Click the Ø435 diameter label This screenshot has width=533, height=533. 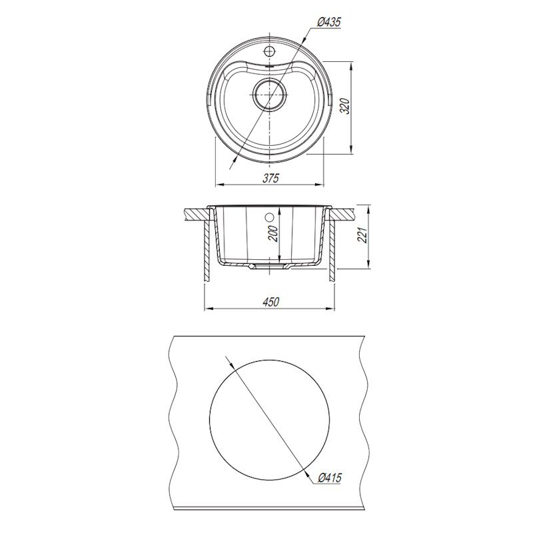(328, 22)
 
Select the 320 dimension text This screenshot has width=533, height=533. (345, 106)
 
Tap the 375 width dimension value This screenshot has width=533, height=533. (270, 178)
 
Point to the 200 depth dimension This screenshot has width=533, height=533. (273, 233)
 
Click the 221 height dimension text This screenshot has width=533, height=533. (363, 235)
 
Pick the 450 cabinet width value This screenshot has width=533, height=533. (270, 302)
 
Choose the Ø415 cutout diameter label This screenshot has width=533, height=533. (328, 478)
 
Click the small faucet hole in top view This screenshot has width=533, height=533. (269, 51)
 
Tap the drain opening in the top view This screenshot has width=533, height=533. (270, 95)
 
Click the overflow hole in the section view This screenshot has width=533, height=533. (269, 217)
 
